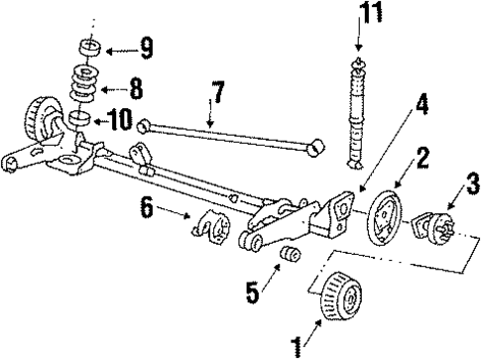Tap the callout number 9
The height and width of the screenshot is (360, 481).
coord(146,47)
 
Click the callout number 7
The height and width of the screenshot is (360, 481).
coord(217,96)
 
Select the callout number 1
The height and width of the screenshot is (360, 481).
coord(294,346)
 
